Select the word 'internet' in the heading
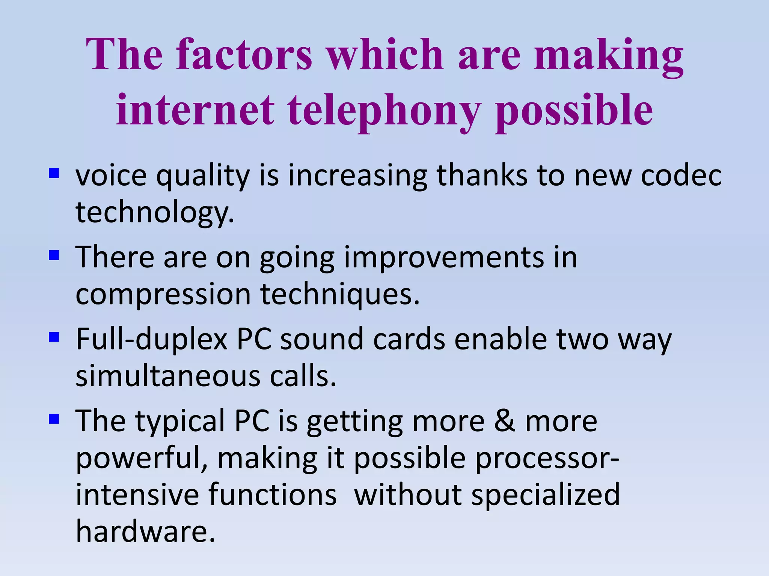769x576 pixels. pyautogui.click(x=195, y=109)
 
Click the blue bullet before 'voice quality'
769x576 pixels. pyautogui.click(x=54, y=173)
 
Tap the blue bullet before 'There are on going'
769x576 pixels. pyautogui.click(x=54, y=256)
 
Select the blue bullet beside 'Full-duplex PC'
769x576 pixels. pyautogui.click(x=54, y=337)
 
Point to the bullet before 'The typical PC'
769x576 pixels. pyautogui.click(x=54, y=419)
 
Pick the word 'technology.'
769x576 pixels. pyautogui.click(x=155, y=212)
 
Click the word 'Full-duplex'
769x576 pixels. pyautogui.click(x=152, y=339)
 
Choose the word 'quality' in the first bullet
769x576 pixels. pyautogui.click(x=203, y=175)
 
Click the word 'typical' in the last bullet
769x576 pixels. pyautogui.click(x=180, y=421)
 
